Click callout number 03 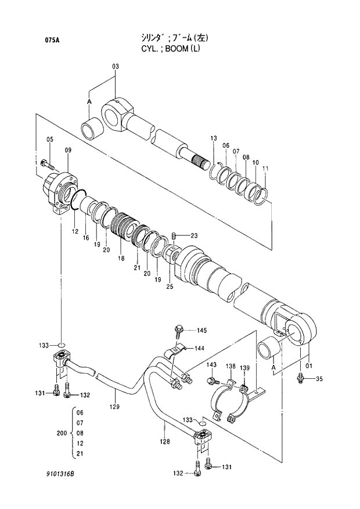click(115, 67)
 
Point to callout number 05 click(50, 139)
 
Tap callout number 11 click(266, 169)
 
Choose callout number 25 click(170, 287)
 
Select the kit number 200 click(60, 433)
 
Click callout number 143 click(211, 365)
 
